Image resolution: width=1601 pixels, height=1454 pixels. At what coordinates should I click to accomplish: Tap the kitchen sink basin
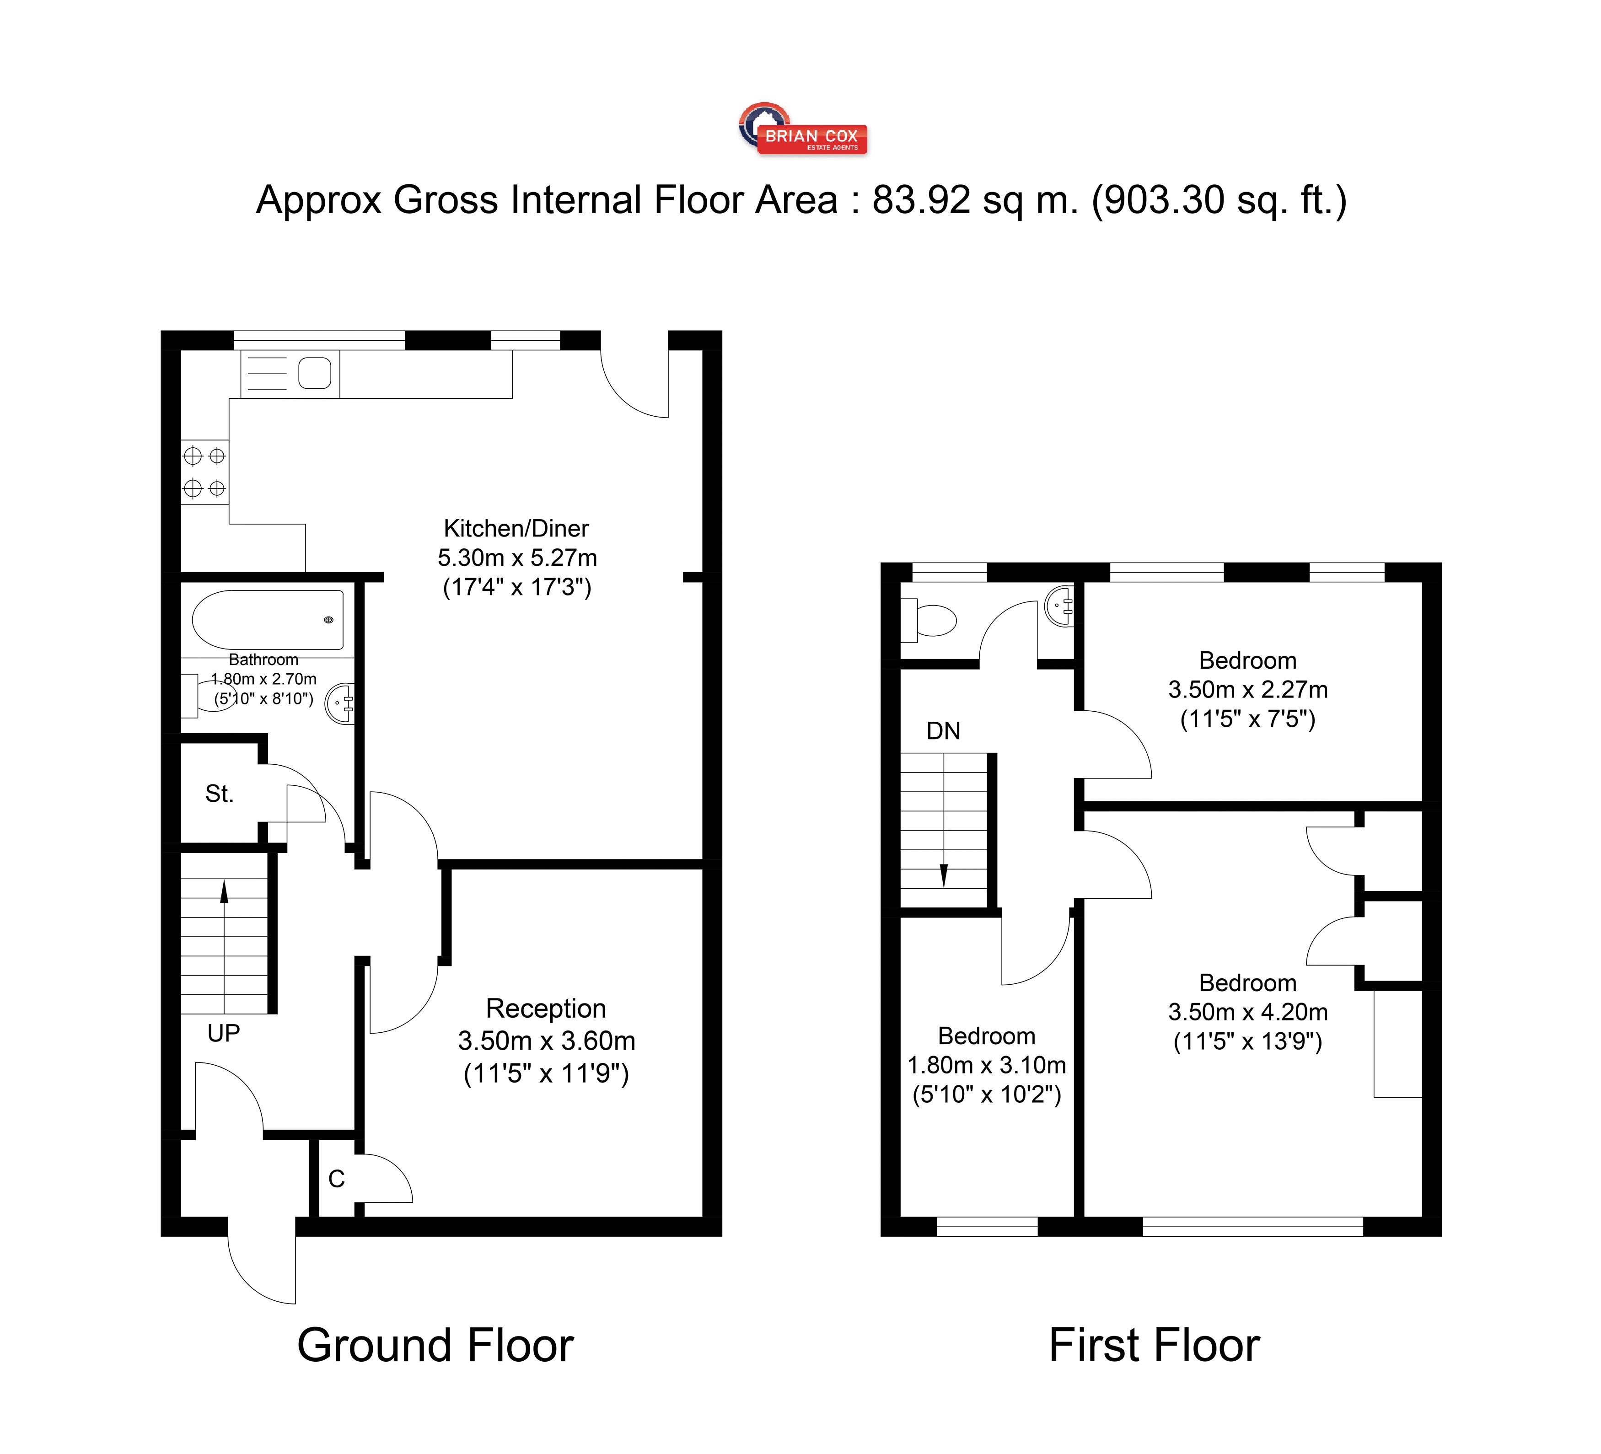tap(315, 373)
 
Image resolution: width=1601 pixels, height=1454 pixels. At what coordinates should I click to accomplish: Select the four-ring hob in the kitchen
tap(204, 472)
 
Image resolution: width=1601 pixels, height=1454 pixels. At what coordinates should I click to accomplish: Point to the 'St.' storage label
tap(219, 793)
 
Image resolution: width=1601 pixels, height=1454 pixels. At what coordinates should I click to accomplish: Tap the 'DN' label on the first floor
tap(943, 730)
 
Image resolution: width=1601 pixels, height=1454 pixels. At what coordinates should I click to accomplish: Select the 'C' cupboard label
tap(337, 1179)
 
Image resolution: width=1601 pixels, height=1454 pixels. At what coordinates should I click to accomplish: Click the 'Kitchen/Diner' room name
tap(516, 528)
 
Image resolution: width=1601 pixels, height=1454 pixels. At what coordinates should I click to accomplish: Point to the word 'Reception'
tap(546, 1009)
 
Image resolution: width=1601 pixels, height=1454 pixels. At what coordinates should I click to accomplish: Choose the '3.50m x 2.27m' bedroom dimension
tap(1247, 689)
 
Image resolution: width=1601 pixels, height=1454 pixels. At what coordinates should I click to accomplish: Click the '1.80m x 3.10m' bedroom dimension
tap(986, 1065)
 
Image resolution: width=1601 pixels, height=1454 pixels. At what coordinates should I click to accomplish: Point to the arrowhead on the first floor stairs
tap(943, 875)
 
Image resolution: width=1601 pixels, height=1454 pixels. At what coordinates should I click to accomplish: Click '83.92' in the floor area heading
tap(921, 200)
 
